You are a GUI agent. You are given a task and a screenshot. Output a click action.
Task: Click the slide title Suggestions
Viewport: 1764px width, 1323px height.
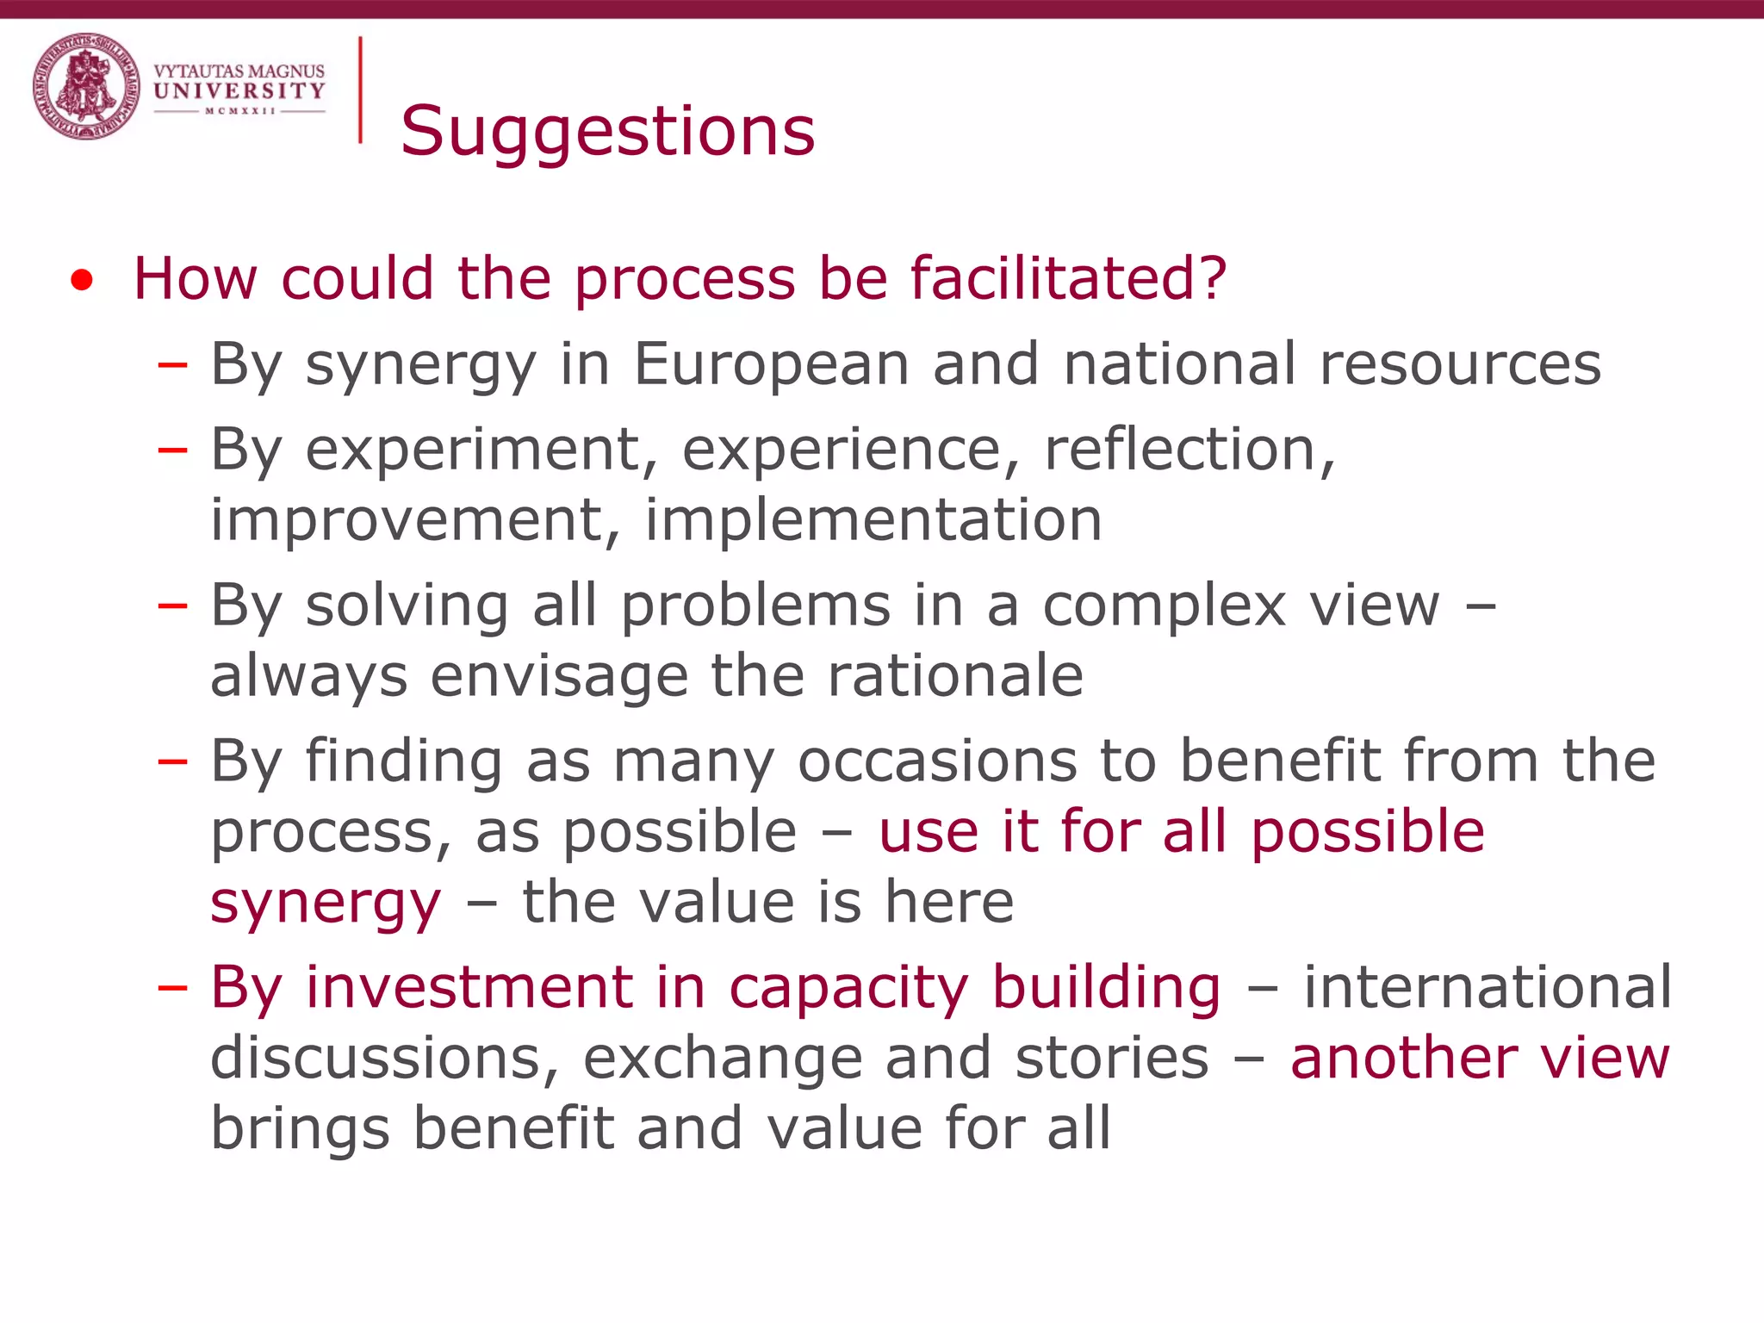point(607,131)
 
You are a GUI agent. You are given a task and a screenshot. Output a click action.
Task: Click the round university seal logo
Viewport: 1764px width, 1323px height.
point(86,86)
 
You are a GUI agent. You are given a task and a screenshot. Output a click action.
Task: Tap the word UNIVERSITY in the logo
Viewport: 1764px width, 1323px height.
point(239,90)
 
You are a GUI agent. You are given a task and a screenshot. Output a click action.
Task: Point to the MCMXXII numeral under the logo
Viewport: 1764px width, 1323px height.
point(240,111)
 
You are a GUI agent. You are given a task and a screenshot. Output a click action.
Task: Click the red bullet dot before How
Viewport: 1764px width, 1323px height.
point(82,281)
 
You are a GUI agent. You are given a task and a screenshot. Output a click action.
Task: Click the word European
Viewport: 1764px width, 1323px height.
point(772,363)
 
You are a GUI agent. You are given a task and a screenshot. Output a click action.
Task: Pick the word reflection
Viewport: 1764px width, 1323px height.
point(1189,449)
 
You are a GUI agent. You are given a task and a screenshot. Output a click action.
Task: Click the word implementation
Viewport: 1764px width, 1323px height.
point(873,519)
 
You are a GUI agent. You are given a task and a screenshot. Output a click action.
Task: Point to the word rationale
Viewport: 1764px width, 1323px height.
point(955,675)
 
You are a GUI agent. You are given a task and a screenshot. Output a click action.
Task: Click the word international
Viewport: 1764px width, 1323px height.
point(1488,987)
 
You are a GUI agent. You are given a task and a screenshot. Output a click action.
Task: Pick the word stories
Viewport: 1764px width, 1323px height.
point(1112,1058)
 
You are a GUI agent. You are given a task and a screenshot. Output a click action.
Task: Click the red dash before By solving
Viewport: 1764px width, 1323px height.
point(172,606)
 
